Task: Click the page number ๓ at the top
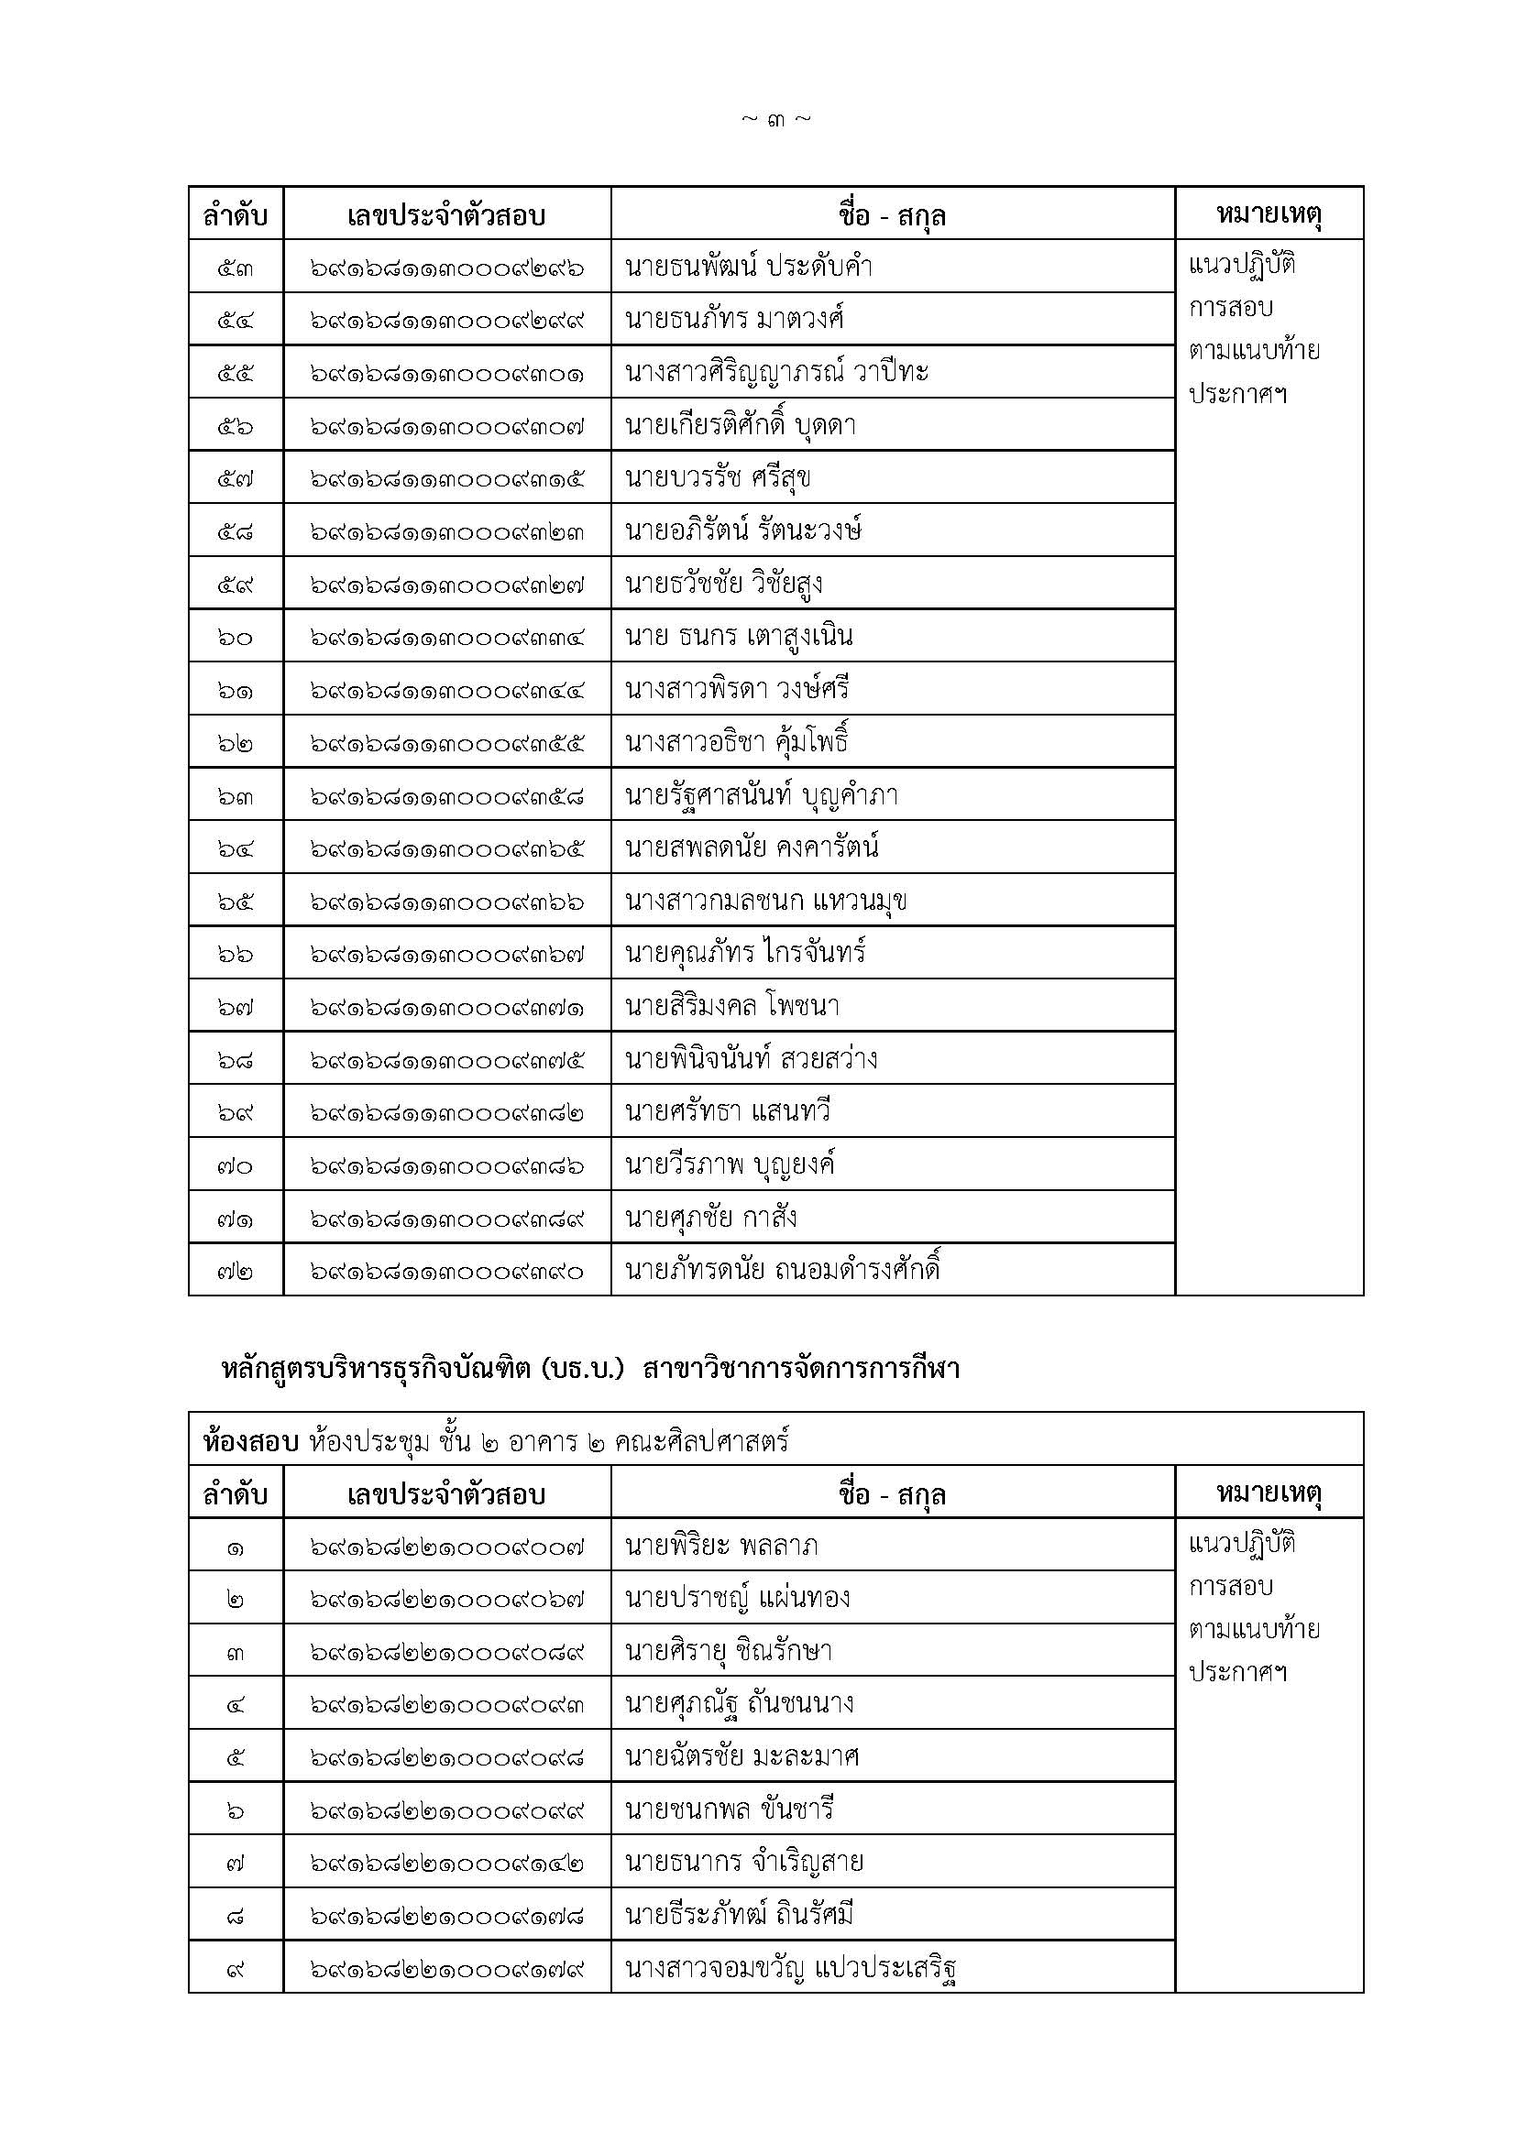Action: pos(775,120)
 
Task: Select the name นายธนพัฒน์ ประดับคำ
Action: pos(749,267)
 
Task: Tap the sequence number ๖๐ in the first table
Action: pos(236,638)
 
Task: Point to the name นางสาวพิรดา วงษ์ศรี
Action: pos(738,690)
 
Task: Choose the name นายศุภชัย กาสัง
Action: pos(710,1218)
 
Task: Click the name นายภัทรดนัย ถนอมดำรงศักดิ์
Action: pos(782,1270)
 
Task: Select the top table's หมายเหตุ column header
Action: pos(1269,214)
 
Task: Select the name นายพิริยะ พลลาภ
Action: pos(721,1547)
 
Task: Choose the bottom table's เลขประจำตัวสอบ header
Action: pos(446,1494)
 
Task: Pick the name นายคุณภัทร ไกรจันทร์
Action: pos(745,953)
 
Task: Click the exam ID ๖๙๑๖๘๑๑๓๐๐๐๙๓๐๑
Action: pos(447,373)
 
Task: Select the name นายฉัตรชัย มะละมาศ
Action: pos(742,1756)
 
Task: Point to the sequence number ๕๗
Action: pos(236,479)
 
